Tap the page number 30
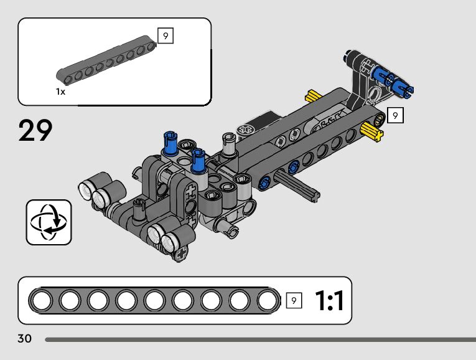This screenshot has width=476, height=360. click(25, 339)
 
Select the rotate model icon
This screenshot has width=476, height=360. click(49, 222)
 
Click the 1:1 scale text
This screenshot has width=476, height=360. click(329, 301)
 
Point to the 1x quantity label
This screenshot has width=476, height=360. click(60, 92)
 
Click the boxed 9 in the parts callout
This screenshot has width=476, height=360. click(166, 36)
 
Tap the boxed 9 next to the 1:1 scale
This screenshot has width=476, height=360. click(294, 301)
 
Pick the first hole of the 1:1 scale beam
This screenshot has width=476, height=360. click(42, 301)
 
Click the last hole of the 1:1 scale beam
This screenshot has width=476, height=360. click(268, 301)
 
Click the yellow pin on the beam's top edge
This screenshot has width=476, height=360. click(312, 96)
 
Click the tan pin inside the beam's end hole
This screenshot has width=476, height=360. click(379, 118)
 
